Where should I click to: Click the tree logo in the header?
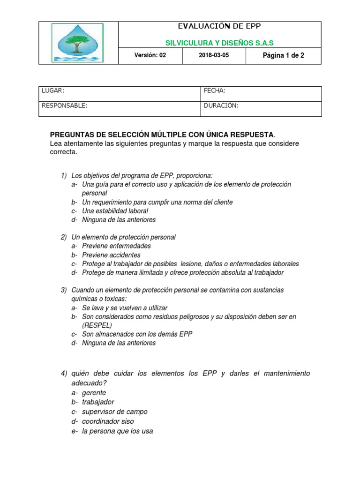click(78, 43)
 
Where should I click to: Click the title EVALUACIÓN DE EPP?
click(219, 26)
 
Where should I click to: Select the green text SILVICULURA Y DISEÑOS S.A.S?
click(219, 43)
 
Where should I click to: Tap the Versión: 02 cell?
click(150, 55)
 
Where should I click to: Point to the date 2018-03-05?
click(214, 55)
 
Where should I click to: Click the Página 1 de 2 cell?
click(283, 55)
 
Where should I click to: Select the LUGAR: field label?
click(53, 90)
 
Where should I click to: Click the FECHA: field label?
click(215, 90)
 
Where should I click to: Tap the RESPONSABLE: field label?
click(64, 106)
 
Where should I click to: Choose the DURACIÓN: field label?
click(221, 106)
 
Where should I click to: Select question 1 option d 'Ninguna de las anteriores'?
click(118, 219)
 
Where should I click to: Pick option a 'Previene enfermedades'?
click(116, 246)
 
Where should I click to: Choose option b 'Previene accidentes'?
click(111, 255)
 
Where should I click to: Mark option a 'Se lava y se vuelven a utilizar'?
click(124, 308)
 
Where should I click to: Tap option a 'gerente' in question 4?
click(94, 393)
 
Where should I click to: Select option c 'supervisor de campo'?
click(114, 412)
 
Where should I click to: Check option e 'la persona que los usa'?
click(117, 431)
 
